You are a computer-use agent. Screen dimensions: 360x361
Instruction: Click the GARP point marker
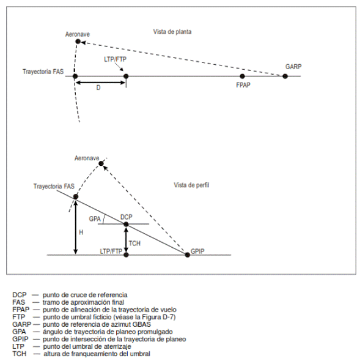point(285,76)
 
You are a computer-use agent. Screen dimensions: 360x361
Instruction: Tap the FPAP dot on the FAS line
point(242,76)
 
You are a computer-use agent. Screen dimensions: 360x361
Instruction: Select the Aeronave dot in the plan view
point(78,42)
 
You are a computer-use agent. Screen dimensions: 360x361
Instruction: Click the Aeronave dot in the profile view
point(101,163)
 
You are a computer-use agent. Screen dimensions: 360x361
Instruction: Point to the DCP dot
point(126,224)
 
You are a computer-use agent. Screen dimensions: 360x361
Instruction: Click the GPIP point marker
point(188,255)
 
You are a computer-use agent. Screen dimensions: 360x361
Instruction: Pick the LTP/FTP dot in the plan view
point(126,76)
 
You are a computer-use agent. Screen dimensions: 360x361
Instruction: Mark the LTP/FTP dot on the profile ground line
point(126,255)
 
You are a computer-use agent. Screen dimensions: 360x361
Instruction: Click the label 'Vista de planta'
point(172,32)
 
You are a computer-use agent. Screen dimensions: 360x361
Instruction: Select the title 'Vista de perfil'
point(191,185)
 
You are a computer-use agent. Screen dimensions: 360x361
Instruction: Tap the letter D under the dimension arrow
point(98,87)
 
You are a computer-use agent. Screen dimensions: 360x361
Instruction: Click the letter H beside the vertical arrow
point(81,233)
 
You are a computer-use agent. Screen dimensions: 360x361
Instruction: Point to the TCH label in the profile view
point(134,244)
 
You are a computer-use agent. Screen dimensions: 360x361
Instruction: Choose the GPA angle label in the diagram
point(95,218)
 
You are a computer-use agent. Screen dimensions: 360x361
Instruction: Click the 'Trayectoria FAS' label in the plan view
point(43,72)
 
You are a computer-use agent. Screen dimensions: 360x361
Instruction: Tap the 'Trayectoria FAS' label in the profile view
point(54,186)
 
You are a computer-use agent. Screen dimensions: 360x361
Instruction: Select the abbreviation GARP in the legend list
point(21,324)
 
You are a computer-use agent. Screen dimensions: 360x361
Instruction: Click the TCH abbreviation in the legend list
point(20,354)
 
